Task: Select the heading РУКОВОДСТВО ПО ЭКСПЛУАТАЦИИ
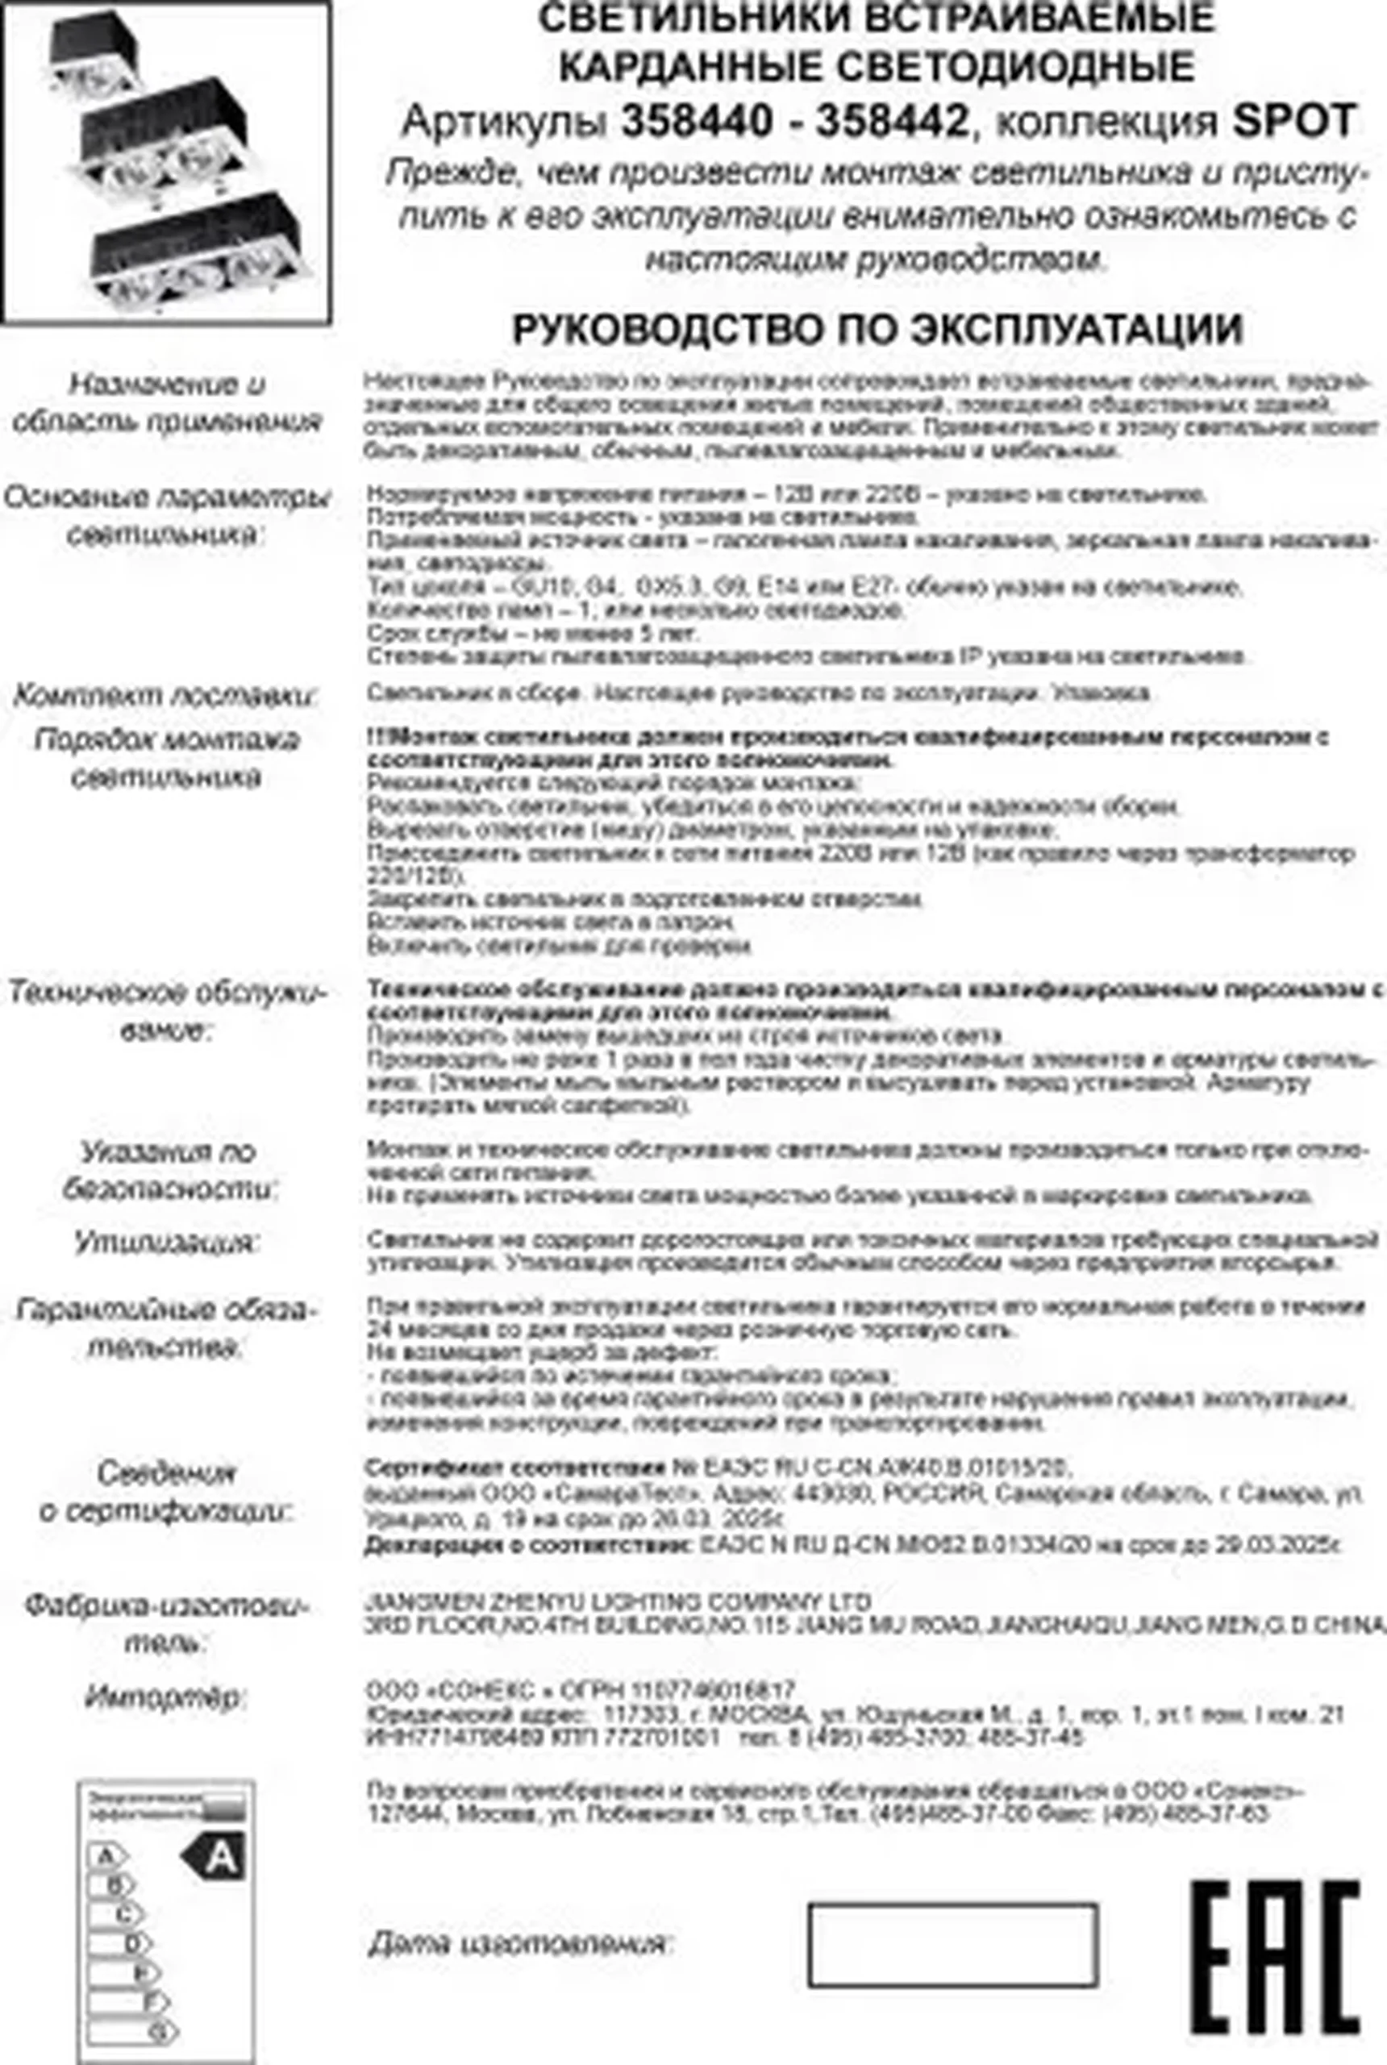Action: pyautogui.click(x=877, y=330)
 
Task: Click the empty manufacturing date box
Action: pyautogui.click(x=952, y=1945)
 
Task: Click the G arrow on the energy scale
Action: pyautogui.click(x=134, y=2031)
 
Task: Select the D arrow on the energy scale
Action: pyautogui.click(x=121, y=1944)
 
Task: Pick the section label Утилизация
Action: pyautogui.click(x=166, y=1243)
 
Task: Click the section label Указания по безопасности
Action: pyautogui.click(x=168, y=1170)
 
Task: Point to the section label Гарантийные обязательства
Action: pyautogui.click(x=165, y=1328)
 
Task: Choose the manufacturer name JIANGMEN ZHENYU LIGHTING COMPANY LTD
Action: pyautogui.click(x=618, y=1601)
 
